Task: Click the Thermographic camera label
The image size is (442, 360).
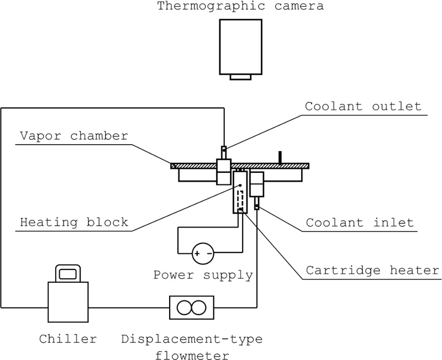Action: point(240,7)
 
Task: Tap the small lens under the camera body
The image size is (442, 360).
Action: point(240,77)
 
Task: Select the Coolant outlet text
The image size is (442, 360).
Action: point(362,107)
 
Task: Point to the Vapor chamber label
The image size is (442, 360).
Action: point(73,135)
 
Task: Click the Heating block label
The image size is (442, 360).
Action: point(73,223)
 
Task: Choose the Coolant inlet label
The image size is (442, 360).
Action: point(360,223)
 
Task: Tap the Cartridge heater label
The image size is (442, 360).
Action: point(372,270)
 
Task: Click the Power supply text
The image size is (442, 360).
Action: point(203,274)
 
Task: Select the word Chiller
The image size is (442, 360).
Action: point(67,337)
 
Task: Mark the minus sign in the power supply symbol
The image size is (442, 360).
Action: point(209,254)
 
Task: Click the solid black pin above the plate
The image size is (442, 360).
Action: point(281,157)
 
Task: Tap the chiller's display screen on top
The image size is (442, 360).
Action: point(67,273)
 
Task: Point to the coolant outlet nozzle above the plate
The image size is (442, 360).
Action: point(224,150)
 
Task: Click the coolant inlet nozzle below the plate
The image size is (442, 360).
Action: point(257,207)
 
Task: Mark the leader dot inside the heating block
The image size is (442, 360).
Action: point(240,185)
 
